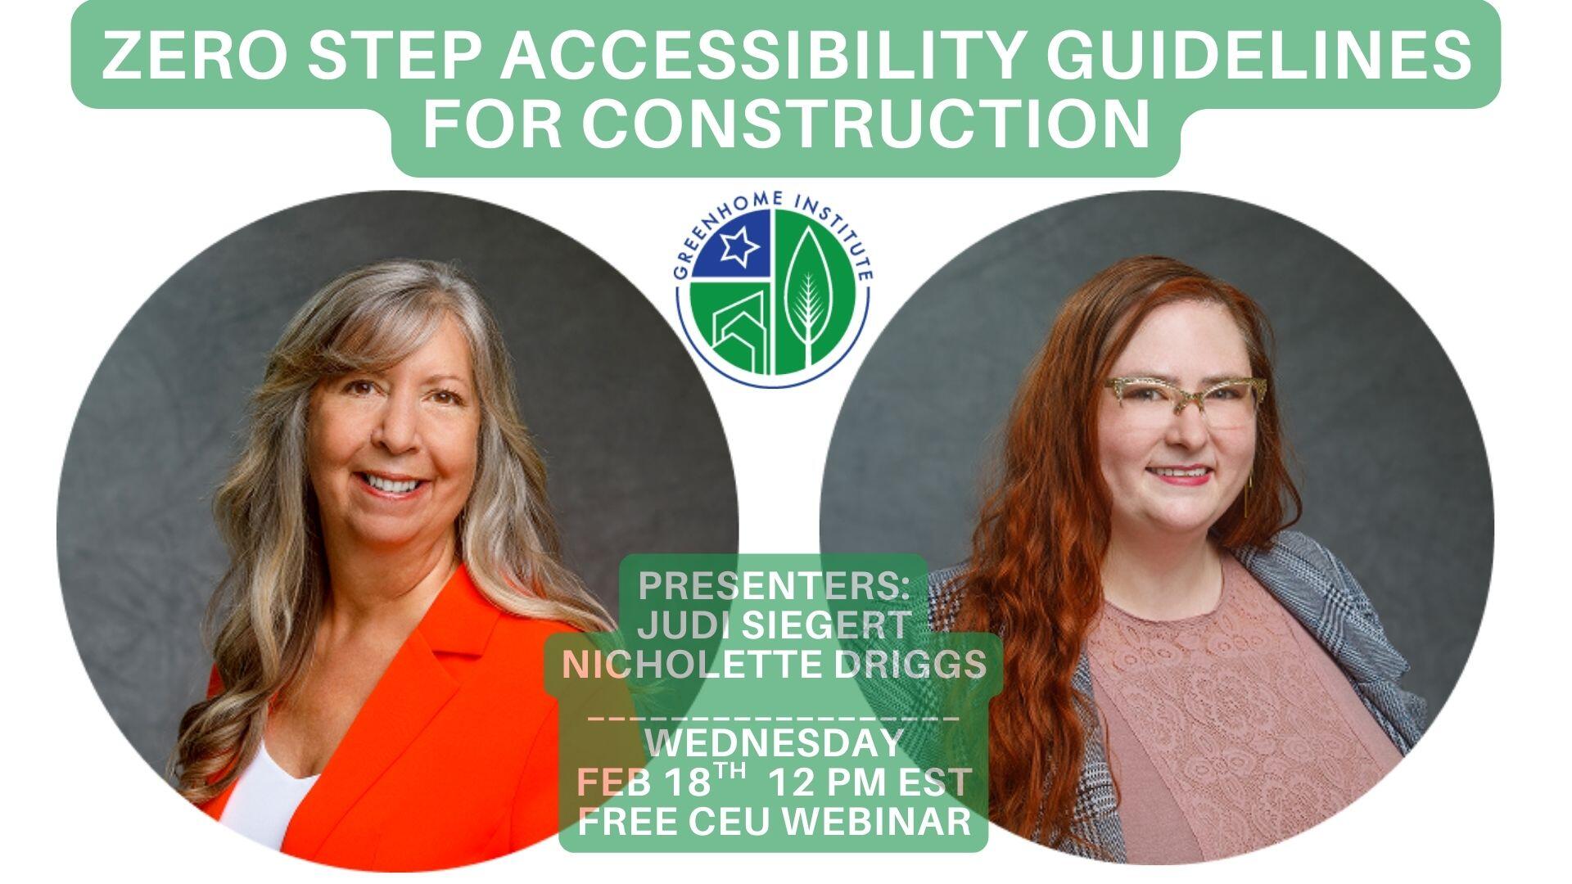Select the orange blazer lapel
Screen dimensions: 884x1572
426,679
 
